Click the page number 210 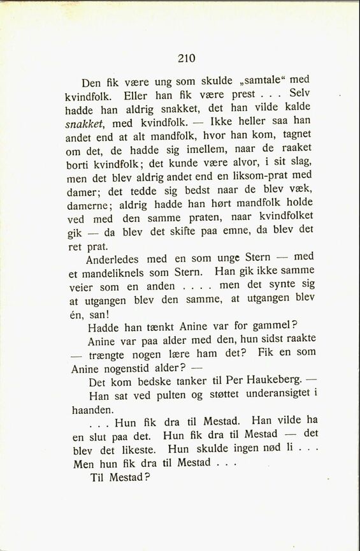click(x=186, y=58)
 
